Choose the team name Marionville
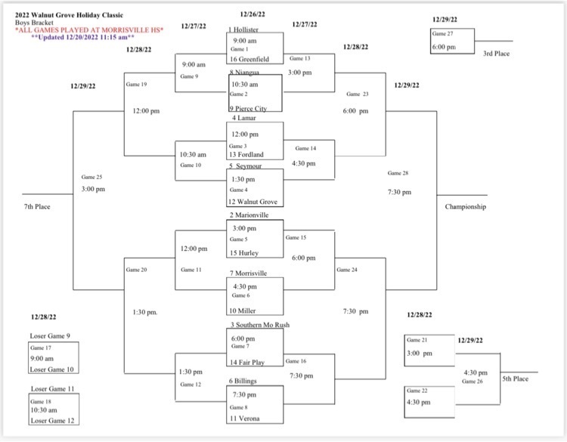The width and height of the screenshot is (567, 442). coord(252,215)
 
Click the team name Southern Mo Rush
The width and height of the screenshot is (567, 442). coord(260,325)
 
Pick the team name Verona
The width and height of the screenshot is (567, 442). coord(249,418)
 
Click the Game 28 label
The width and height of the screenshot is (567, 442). coord(398,173)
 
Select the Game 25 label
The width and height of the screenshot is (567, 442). coord(92,177)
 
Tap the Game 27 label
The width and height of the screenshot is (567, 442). coord(443,34)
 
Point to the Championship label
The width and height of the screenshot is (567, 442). coord(465,206)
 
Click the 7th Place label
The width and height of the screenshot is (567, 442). coord(37,206)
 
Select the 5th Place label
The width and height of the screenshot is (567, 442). coord(516,379)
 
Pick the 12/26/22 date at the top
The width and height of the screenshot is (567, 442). coord(253,14)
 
